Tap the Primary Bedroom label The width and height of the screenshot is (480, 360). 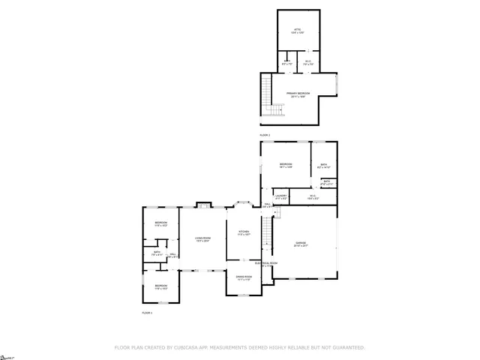298,94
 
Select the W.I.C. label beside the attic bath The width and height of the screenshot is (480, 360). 307,64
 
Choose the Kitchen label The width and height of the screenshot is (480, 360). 244,232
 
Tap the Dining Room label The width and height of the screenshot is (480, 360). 244,277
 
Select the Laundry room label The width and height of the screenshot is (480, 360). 281,196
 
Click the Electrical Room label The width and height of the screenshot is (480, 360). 266,264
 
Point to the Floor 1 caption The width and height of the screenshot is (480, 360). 147,312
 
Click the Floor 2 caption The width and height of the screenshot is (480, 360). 265,135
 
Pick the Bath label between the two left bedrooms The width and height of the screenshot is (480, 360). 157,253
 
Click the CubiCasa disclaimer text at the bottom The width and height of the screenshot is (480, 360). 240,347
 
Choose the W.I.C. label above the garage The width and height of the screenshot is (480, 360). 313,197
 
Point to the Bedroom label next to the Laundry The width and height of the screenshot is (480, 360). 286,165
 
